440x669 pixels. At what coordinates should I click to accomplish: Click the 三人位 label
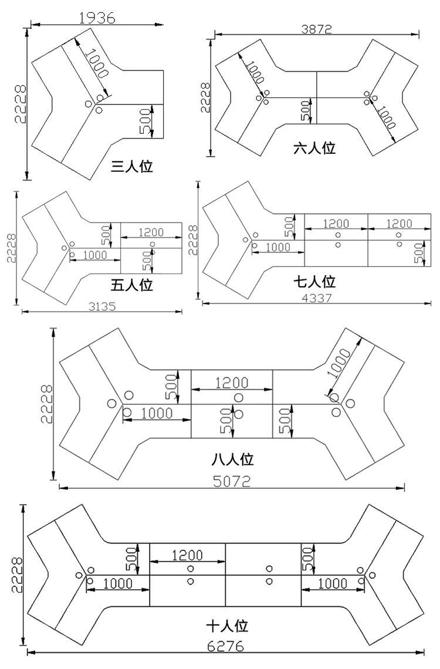pos(132,167)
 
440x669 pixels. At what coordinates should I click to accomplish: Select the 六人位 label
pos(314,147)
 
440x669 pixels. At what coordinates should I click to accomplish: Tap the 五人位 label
pos(132,286)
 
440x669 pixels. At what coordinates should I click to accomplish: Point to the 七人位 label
pos(314,283)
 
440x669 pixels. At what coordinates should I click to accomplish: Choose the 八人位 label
pos(232,458)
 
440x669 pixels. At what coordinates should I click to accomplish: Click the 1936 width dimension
pos(96,18)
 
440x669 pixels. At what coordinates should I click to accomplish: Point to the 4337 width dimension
pos(317,298)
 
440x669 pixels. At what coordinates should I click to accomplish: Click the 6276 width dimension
pos(226,647)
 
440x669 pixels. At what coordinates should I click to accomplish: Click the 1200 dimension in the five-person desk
pos(151,232)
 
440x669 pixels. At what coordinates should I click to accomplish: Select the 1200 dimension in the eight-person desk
pos(232,383)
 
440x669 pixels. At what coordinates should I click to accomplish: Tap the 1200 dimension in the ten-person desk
pos(187,555)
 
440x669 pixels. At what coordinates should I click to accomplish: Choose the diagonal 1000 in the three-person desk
pos(96,65)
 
